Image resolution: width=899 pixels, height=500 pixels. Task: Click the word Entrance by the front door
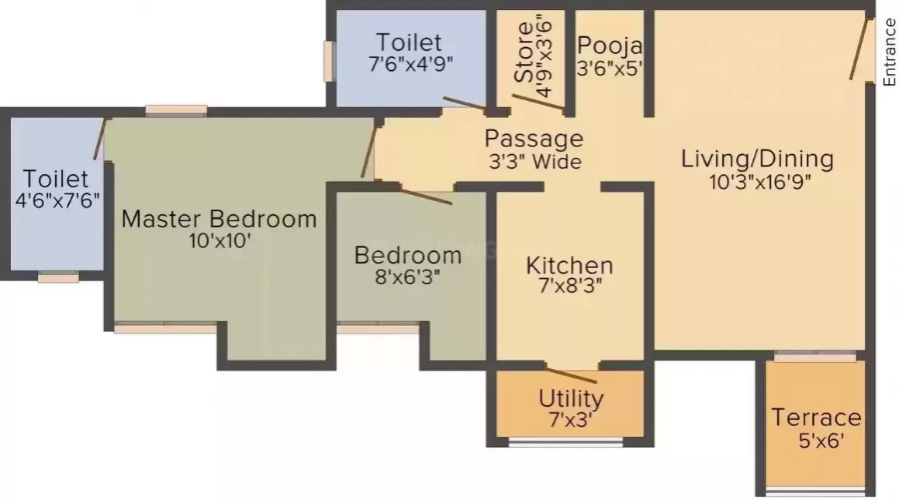(x=889, y=52)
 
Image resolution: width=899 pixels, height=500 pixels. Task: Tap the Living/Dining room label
(x=757, y=159)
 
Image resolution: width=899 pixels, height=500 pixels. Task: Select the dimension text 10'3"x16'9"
(x=760, y=182)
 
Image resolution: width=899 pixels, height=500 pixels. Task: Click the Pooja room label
(x=609, y=45)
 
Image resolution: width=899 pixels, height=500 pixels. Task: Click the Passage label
(x=533, y=139)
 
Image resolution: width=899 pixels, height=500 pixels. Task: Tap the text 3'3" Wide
(x=535, y=162)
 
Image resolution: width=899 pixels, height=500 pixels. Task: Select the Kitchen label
(x=569, y=266)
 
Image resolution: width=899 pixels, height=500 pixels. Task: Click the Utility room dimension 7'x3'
(x=570, y=420)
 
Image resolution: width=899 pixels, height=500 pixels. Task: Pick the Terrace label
(x=816, y=417)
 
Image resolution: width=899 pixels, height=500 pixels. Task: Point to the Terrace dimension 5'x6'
(x=820, y=441)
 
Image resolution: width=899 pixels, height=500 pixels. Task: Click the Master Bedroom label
(x=219, y=219)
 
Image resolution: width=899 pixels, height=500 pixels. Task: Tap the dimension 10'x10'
(x=220, y=241)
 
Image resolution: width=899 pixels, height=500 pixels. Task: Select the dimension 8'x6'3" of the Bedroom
(x=408, y=278)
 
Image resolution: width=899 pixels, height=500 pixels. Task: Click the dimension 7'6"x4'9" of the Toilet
(x=411, y=64)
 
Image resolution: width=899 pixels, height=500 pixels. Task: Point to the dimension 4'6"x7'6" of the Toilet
(x=57, y=201)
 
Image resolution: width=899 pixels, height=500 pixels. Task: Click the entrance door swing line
(x=858, y=49)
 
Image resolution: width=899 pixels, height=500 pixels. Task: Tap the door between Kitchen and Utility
(x=571, y=375)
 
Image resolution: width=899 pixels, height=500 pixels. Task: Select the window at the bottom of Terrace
(x=815, y=491)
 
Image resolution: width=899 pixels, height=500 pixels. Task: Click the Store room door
(x=538, y=102)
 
